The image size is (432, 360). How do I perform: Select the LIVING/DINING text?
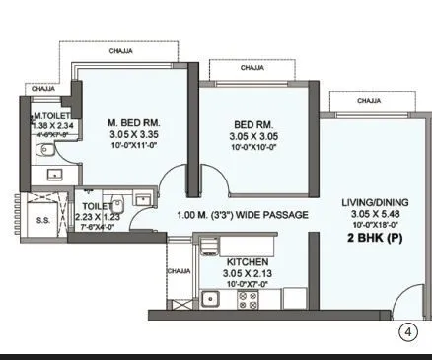pyautogui.click(x=367, y=202)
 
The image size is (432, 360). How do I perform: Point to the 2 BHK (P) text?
pyautogui.click(x=367, y=238)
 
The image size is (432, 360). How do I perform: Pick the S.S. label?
pyautogui.click(x=42, y=221)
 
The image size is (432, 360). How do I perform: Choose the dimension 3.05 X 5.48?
pyautogui.click(x=367, y=214)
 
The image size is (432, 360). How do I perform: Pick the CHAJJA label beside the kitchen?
pyautogui.click(x=179, y=270)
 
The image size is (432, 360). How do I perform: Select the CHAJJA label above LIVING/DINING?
pyautogui.click(x=369, y=100)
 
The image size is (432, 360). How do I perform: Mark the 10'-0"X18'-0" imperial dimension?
pyautogui.click(x=367, y=225)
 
